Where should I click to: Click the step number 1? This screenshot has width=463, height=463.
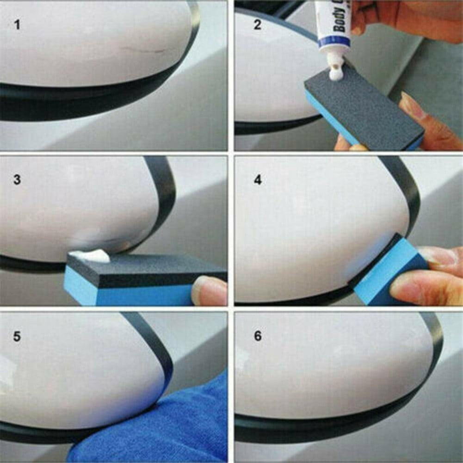[x=18, y=25]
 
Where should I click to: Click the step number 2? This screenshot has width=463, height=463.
[x=258, y=25]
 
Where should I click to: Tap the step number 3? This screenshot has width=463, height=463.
[x=17, y=179]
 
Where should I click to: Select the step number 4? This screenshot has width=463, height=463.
[x=258, y=179]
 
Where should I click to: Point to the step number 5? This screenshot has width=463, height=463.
[x=17, y=336]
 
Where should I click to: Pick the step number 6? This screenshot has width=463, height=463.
[x=258, y=336]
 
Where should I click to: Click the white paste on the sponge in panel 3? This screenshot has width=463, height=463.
[x=90, y=256]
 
